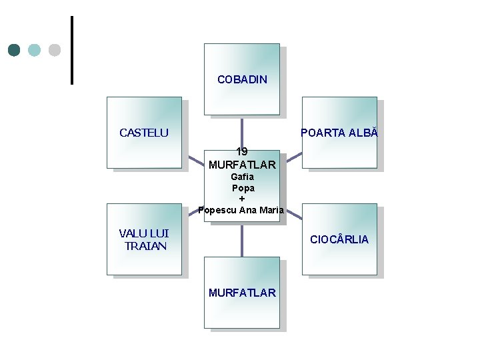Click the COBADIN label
242,79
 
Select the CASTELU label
144,133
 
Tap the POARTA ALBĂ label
339,133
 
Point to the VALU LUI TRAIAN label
144,239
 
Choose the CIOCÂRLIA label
339,239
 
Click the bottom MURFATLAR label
242,293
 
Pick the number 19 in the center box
242,151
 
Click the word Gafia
242,177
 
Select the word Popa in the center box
242,188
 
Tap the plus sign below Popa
242,199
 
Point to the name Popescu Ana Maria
241,210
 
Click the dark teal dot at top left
15,50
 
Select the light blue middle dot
35,50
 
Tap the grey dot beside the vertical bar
55,50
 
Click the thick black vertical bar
71,50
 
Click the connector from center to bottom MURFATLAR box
242,240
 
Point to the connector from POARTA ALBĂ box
293,160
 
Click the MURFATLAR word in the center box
242,164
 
